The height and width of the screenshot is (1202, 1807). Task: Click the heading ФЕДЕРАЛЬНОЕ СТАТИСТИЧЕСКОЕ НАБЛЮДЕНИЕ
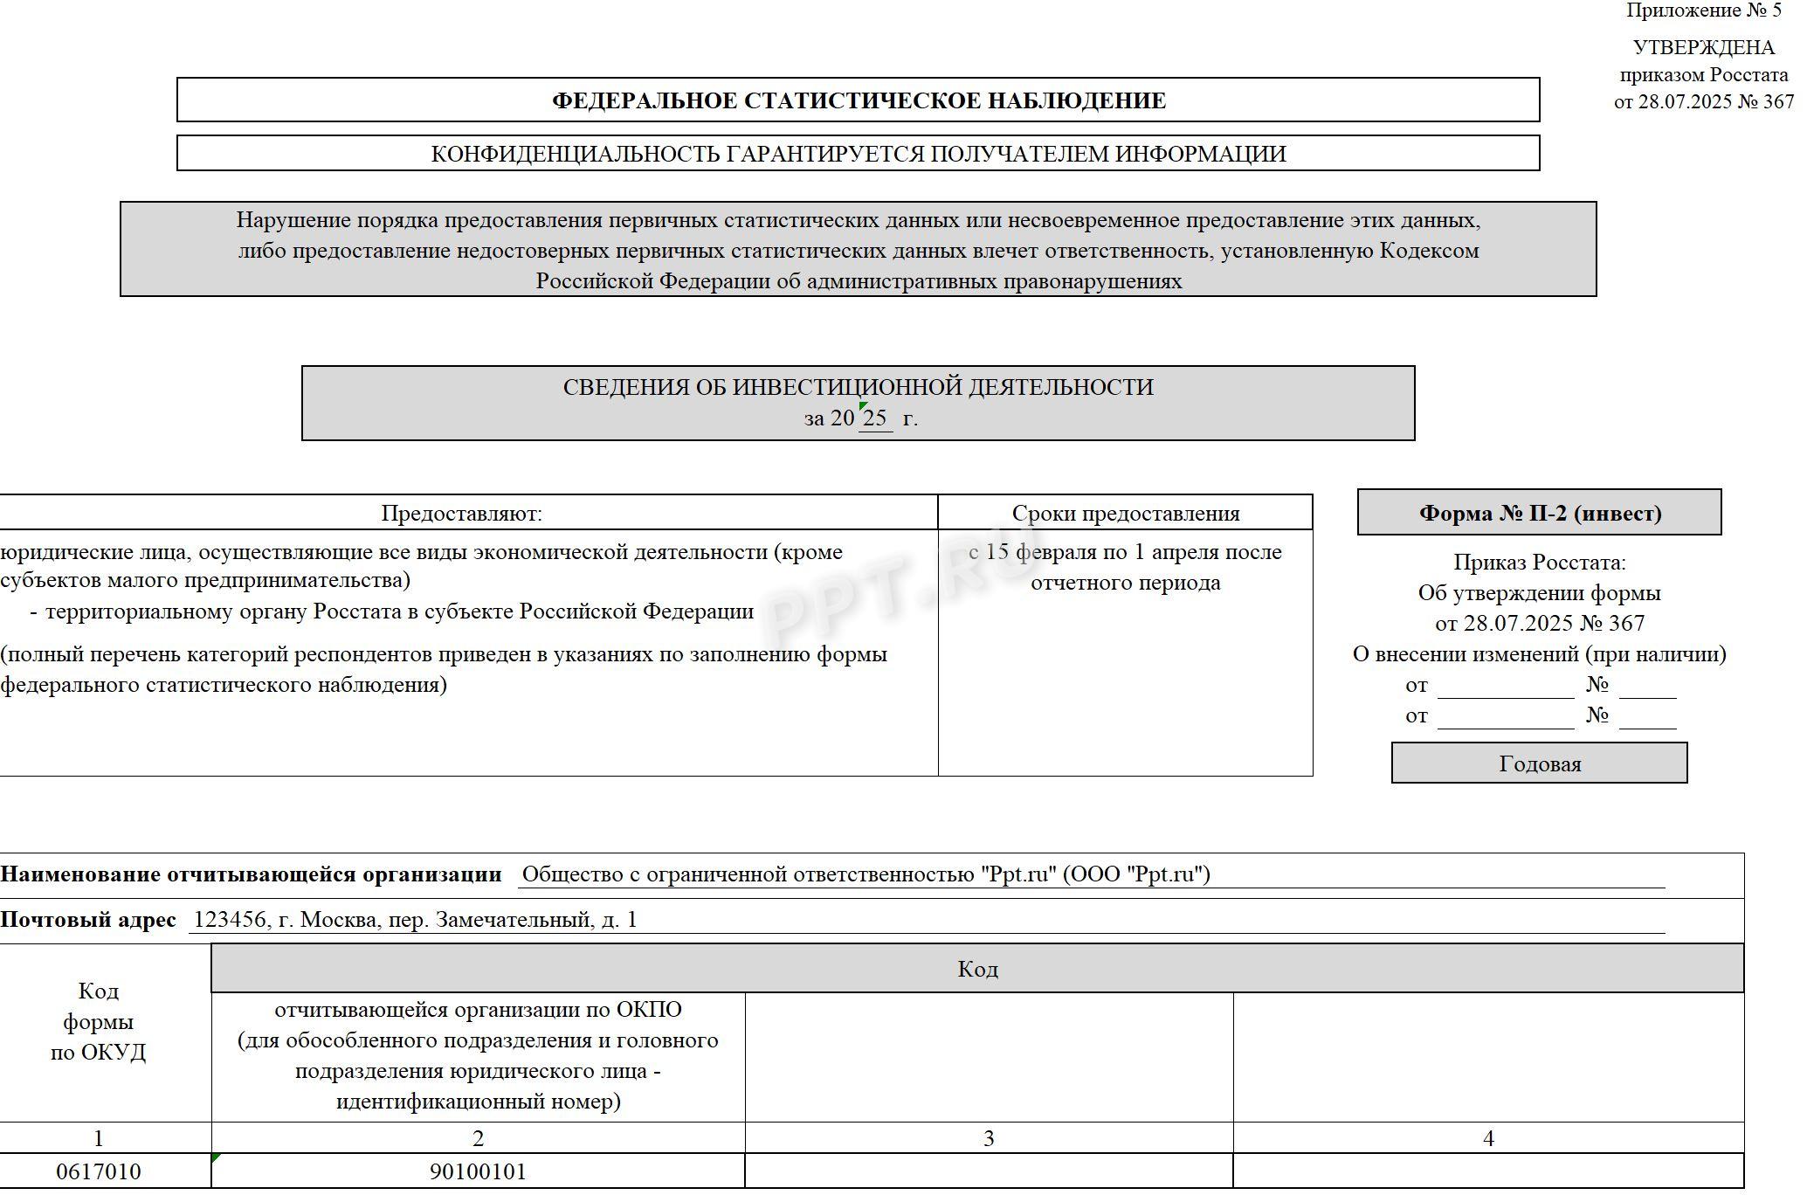tap(858, 100)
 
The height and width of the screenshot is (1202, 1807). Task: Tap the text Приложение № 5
tap(1703, 11)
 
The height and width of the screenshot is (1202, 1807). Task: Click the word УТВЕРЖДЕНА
tap(1703, 47)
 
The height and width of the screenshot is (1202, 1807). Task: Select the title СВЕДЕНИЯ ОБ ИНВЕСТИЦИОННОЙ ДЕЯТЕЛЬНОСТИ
tap(858, 387)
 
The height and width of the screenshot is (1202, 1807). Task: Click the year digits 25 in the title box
tap(874, 418)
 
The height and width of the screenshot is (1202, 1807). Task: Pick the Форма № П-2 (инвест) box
tap(1539, 513)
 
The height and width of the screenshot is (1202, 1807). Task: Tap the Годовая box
tap(1539, 763)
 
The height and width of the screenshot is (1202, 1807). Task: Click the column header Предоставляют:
tap(461, 513)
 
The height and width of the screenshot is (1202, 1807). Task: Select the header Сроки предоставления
tap(1125, 513)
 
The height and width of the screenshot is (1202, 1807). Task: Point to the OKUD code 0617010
tap(99, 1171)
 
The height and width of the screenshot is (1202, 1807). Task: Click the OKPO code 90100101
tap(478, 1171)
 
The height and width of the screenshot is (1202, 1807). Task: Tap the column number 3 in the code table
tap(989, 1138)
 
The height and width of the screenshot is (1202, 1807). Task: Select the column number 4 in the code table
tap(1488, 1138)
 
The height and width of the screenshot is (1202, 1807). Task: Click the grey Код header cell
tap(977, 969)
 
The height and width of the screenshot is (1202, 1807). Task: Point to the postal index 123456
tap(230, 920)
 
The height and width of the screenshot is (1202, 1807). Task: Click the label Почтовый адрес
tap(88, 920)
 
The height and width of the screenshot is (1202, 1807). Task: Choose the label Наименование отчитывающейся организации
tap(251, 874)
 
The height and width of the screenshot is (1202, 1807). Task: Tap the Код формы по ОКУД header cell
tap(99, 1021)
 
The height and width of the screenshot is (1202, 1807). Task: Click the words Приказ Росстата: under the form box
tap(1539, 563)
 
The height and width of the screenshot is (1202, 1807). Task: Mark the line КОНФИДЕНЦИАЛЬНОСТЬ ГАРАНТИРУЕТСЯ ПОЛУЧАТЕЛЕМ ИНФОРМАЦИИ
tap(858, 154)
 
